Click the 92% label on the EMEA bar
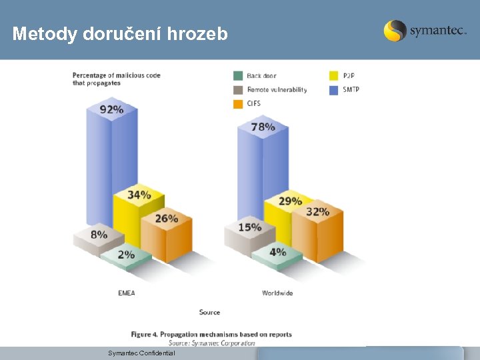[x=111, y=109]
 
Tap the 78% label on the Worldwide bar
[x=263, y=127]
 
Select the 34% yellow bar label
[x=139, y=195]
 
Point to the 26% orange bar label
[x=167, y=218]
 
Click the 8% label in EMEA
[x=99, y=235]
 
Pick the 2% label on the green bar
[x=126, y=254]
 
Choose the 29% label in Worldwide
[x=290, y=201]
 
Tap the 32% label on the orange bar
[x=317, y=212]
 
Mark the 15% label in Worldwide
[x=249, y=227]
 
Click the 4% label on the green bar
[x=277, y=252]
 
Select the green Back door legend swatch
[x=238, y=75]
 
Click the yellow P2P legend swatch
[x=334, y=75]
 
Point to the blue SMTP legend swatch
[x=334, y=89]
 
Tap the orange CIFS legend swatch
[x=238, y=103]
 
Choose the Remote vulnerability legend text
[x=277, y=89]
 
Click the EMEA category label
[x=126, y=293]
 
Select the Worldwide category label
[x=277, y=293]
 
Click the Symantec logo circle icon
[x=395, y=31]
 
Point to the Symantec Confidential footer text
[x=141, y=353]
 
